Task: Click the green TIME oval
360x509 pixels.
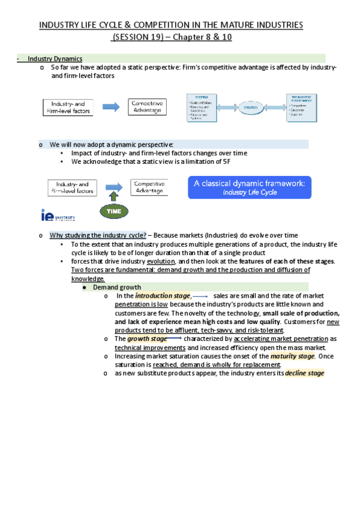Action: tap(114, 211)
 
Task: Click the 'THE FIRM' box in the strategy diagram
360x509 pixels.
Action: tap(203, 107)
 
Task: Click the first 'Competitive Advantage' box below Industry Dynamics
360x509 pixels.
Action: tap(148, 107)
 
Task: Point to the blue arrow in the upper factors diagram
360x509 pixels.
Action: tap(112, 107)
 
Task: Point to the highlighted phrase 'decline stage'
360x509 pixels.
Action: tap(305, 373)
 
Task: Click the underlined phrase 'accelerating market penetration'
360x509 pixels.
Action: tap(280, 339)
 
